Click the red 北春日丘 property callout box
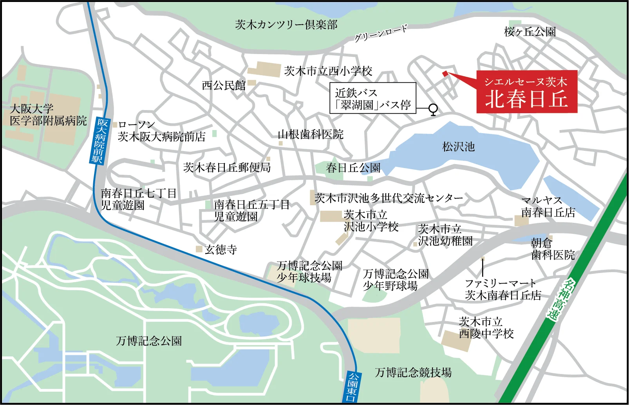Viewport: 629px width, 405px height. pyautogui.click(x=527, y=92)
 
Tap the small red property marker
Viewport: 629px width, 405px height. pyautogui.click(x=445, y=73)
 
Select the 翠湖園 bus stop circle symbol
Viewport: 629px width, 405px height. pyautogui.click(x=433, y=108)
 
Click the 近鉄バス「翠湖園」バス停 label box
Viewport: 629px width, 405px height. pyautogui.click(x=372, y=98)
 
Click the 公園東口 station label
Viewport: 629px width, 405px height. pyautogui.click(x=352, y=387)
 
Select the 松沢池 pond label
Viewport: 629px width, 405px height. pyautogui.click(x=458, y=147)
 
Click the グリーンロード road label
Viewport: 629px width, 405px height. pyautogui.click(x=381, y=33)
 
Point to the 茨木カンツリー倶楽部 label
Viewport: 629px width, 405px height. pyautogui.click(x=286, y=25)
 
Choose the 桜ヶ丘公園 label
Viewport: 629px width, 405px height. pyautogui.click(x=530, y=32)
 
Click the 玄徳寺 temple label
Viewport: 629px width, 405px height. pyautogui.click(x=221, y=250)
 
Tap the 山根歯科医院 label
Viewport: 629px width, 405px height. pyautogui.click(x=310, y=135)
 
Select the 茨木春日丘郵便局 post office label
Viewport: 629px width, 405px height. pyautogui.click(x=227, y=168)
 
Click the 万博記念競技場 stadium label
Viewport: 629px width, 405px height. pyautogui.click(x=413, y=372)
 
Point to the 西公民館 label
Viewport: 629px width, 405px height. pyautogui.click(x=224, y=85)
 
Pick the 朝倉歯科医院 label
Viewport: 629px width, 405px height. pyautogui.click(x=553, y=249)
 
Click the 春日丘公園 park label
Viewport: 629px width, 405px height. pyautogui.click(x=353, y=168)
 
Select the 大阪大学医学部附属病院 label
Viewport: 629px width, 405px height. pyautogui.click(x=48, y=115)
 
